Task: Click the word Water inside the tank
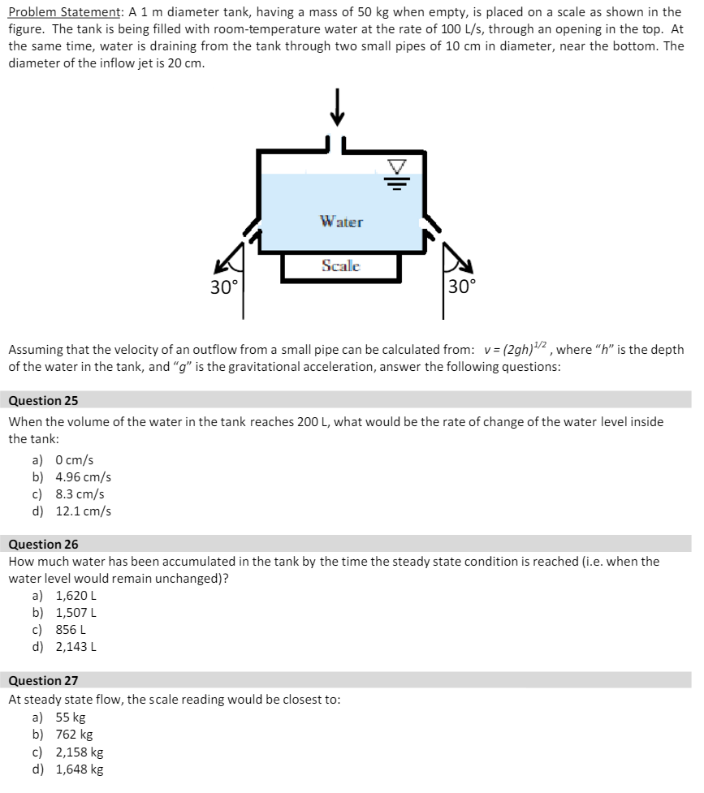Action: [341, 222]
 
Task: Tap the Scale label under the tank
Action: [341, 265]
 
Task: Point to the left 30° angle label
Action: [224, 287]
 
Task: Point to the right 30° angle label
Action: [462, 286]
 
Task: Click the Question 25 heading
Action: [43, 401]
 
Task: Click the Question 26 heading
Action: [43, 545]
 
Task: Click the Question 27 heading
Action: [43, 681]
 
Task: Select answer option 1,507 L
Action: [76, 614]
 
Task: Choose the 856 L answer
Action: [71, 630]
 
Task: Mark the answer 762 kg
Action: [74, 735]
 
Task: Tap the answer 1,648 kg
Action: [79, 769]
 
